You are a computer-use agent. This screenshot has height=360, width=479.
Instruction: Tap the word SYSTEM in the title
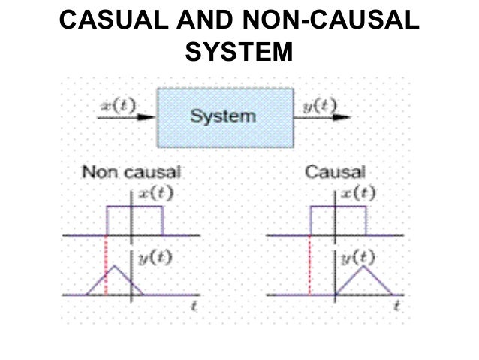(x=238, y=52)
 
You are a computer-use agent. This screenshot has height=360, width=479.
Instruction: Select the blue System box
(x=223, y=116)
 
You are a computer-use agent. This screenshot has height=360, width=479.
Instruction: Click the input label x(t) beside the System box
(x=118, y=105)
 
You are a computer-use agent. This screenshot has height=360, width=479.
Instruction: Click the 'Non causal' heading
(x=131, y=172)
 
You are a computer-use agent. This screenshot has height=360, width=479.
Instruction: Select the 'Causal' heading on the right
(x=335, y=172)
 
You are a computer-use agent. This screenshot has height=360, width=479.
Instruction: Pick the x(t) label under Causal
(x=358, y=192)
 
